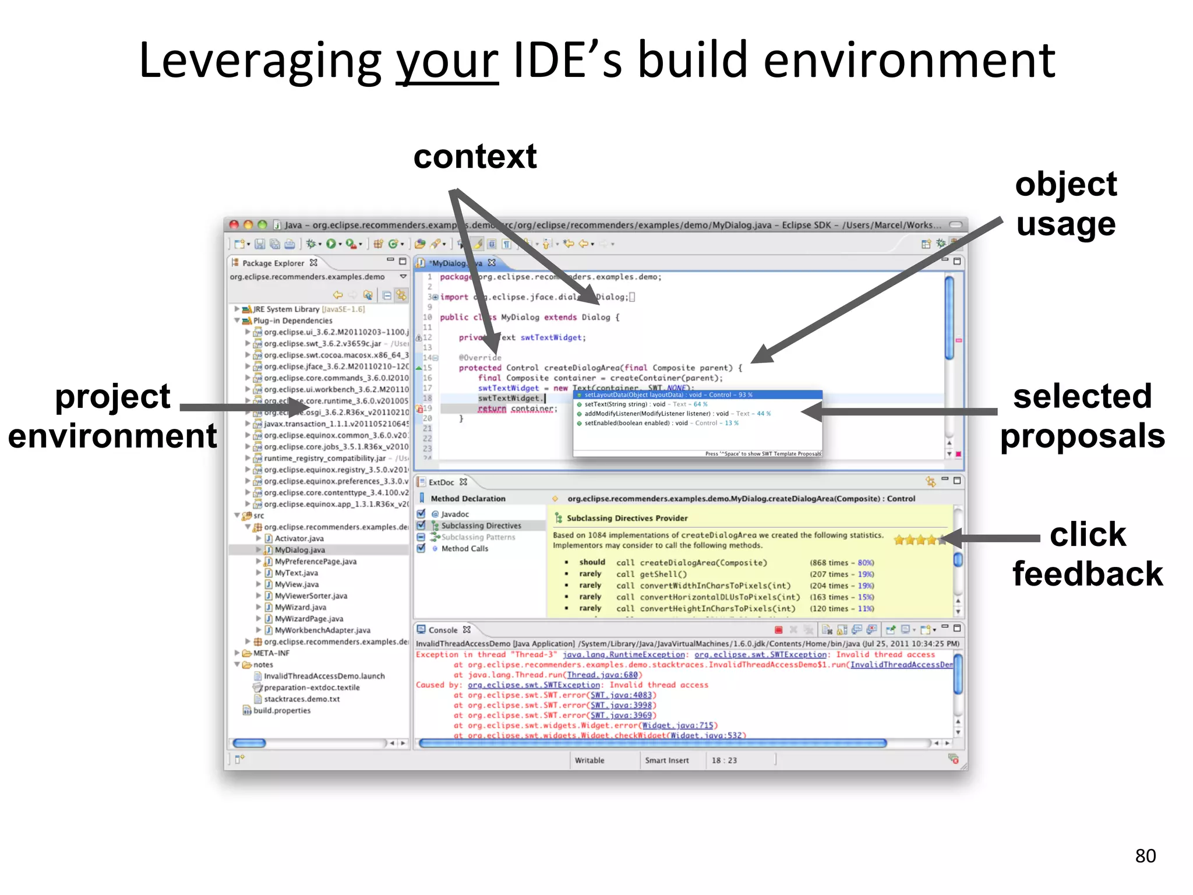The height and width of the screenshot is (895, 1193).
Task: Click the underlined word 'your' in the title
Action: [447, 61]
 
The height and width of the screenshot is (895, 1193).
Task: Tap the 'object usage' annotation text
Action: [1065, 204]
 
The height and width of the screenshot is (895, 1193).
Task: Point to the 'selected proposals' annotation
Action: [1082, 415]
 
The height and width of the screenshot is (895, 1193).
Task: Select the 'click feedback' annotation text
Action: [1087, 554]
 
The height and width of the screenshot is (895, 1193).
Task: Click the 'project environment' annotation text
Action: [112, 415]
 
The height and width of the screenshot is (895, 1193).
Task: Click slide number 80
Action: [1145, 855]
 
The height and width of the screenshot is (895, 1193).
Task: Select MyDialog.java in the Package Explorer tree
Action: [299, 550]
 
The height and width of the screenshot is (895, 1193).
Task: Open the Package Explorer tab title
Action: [273, 263]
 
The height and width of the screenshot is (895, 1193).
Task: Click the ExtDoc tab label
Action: [441, 482]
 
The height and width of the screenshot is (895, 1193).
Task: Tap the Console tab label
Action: [443, 630]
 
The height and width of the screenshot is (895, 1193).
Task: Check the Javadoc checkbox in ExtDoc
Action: [421, 514]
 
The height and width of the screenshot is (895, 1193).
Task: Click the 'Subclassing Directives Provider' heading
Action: [627, 518]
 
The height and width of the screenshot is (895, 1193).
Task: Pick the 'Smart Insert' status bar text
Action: [666, 760]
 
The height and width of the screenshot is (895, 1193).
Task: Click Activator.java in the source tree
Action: [299, 538]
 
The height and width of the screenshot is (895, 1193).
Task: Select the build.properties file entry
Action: [281, 711]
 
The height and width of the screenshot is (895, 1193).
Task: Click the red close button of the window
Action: [234, 225]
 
